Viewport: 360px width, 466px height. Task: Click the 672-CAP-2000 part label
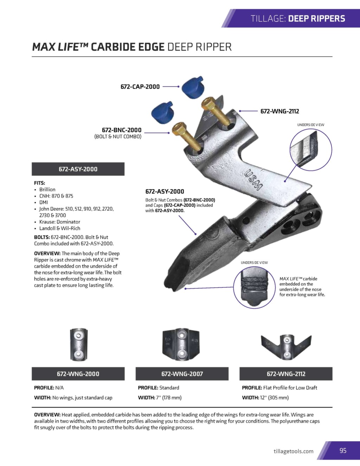pyautogui.click(x=140, y=87)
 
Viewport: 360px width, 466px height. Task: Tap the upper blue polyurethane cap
pyautogui.click(x=193, y=86)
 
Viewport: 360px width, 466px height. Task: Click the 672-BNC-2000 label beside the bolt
pyautogui.click(x=122, y=130)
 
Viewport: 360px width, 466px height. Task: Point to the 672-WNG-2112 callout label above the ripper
pyautogui.click(x=279, y=111)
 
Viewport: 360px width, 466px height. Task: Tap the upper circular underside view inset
pyautogui.click(x=310, y=149)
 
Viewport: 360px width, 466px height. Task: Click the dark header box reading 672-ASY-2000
pyautogui.click(x=78, y=169)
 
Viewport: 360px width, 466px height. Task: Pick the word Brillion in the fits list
pyautogui.click(x=47, y=189)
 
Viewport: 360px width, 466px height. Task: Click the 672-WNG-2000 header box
pyautogui.click(x=78, y=374)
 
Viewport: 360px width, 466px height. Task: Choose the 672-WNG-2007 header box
pyautogui.click(x=182, y=374)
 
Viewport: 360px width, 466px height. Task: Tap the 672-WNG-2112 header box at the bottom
pyautogui.click(x=286, y=374)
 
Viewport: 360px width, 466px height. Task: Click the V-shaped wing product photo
pyautogui.click(x=286, y=345)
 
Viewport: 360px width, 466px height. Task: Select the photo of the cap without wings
pyautogui.click(x=78, y=345)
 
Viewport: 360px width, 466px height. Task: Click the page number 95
pyautogui.click(x=343, y=451)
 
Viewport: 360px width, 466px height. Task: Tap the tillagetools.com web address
pyautogui.click(x=293, y=451)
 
